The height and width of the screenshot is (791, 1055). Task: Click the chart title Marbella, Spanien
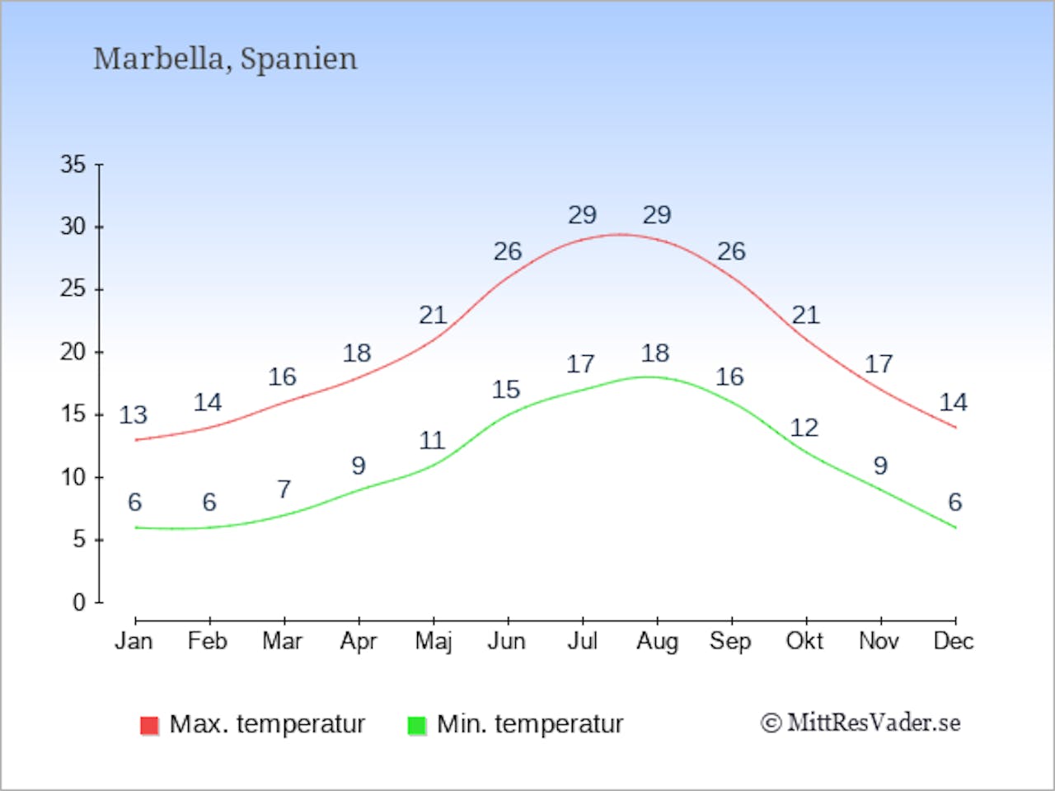tap(225, 59)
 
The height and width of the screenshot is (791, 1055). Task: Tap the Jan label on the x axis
tap(134, 641)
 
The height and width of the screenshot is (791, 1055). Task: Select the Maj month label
tap(433, 642)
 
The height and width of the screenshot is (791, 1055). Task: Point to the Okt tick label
tap(804, 641)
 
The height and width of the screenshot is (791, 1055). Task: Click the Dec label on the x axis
tap(954, 641)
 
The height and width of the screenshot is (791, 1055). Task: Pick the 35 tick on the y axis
tap(73, 165)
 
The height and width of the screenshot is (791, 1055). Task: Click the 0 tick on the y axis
tap(79, 602)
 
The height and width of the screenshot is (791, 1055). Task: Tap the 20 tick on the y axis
tap(73, 353)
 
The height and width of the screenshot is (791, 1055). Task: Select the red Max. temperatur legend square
tap(149, 725)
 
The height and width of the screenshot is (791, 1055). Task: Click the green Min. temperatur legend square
tap(417, 725)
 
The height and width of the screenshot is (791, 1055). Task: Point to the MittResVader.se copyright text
tap(860, 723)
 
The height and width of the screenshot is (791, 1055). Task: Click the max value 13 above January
tap(133, 415)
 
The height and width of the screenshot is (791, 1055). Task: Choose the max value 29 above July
tap(582, 215)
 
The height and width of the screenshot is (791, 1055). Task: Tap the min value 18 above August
tap(655, 353)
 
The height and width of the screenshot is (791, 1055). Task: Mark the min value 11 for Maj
tap(432, 441)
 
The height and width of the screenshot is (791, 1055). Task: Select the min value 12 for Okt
tap(804, 428)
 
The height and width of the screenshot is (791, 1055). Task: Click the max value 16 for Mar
tap(282, 377)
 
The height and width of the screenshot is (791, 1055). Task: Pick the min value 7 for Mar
tap(284, 489)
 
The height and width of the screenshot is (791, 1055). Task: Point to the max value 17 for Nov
tap(879, 364)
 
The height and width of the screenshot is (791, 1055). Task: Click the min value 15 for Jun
tap(506, 390)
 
